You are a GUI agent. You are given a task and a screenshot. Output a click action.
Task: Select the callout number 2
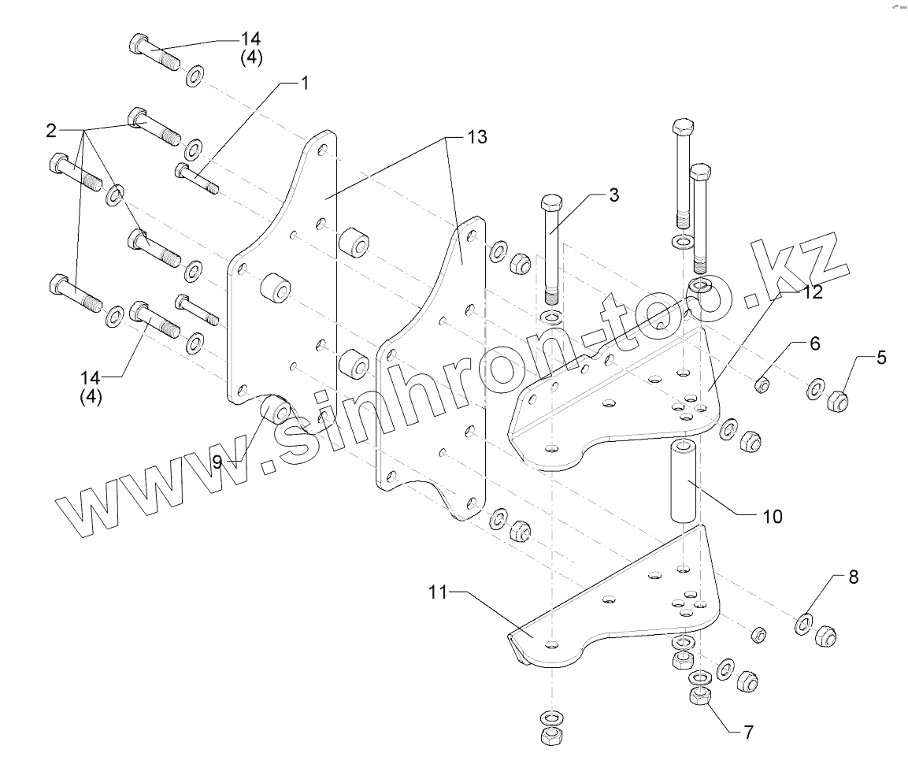tap(52, 128)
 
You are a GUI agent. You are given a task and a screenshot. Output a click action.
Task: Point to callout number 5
tap(880, 358)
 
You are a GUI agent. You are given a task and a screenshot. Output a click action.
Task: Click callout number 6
tap(814, 343)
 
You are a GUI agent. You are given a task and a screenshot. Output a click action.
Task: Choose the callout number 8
tap(853, 577)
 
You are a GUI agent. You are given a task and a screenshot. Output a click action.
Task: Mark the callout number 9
tap(217, 462)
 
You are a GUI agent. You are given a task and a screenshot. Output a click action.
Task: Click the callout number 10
tap(773, 517)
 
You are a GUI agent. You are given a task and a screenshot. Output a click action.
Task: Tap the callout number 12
tap(812, 291)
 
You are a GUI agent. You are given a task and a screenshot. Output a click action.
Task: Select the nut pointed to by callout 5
tap(839, 403)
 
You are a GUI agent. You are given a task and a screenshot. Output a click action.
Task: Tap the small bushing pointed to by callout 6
tap(762, 385)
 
